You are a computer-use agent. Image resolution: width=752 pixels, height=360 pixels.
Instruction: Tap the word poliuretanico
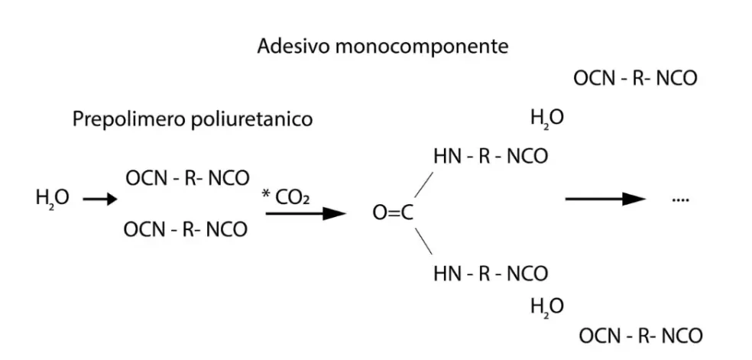pyautogui.click(x=251, y=119)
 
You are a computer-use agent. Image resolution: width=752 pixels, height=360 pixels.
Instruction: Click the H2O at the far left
pyautogui.click(x=52, y=197)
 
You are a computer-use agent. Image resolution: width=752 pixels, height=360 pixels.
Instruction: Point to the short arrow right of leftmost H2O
pyautogui.click(x=100, y=199)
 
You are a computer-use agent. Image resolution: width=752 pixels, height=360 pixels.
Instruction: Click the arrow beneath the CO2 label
pyautogui.click(x=306, y=213)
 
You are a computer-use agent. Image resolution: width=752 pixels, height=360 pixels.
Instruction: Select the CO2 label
pyautogui.click(x=293, y=197)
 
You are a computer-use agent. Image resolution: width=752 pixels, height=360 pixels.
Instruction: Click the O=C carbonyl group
pyautogui.click(x=393, y=213)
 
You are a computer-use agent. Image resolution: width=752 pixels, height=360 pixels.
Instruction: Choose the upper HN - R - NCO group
pyautogui.click(x=491, y=157)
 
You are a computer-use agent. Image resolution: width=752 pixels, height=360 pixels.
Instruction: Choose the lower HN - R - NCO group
pyautogui.click(x=491, y=274)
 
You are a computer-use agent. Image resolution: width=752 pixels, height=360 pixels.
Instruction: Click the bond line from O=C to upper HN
pyautogui.click(x=423, y=184)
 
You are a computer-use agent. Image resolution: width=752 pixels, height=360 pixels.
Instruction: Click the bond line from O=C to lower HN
pyautogui.click(x=423, y=241)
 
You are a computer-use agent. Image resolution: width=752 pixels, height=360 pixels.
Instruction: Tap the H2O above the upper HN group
pyautogui.click(x=547, y=118)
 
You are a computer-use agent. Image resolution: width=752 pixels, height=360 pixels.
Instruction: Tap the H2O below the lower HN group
pyautogui.click(x=547, y=306)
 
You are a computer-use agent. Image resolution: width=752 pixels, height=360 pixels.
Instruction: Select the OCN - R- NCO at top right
pyautogui.click(x=635, y=78)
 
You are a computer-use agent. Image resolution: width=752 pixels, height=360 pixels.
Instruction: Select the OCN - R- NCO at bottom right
pyautogui.click(x=640, y=336)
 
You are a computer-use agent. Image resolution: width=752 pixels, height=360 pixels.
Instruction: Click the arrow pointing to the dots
pyautogui.click(x=606, y=199)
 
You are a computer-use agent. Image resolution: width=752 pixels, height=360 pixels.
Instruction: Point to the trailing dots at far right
pyautogui.click(x=680, y=200)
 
